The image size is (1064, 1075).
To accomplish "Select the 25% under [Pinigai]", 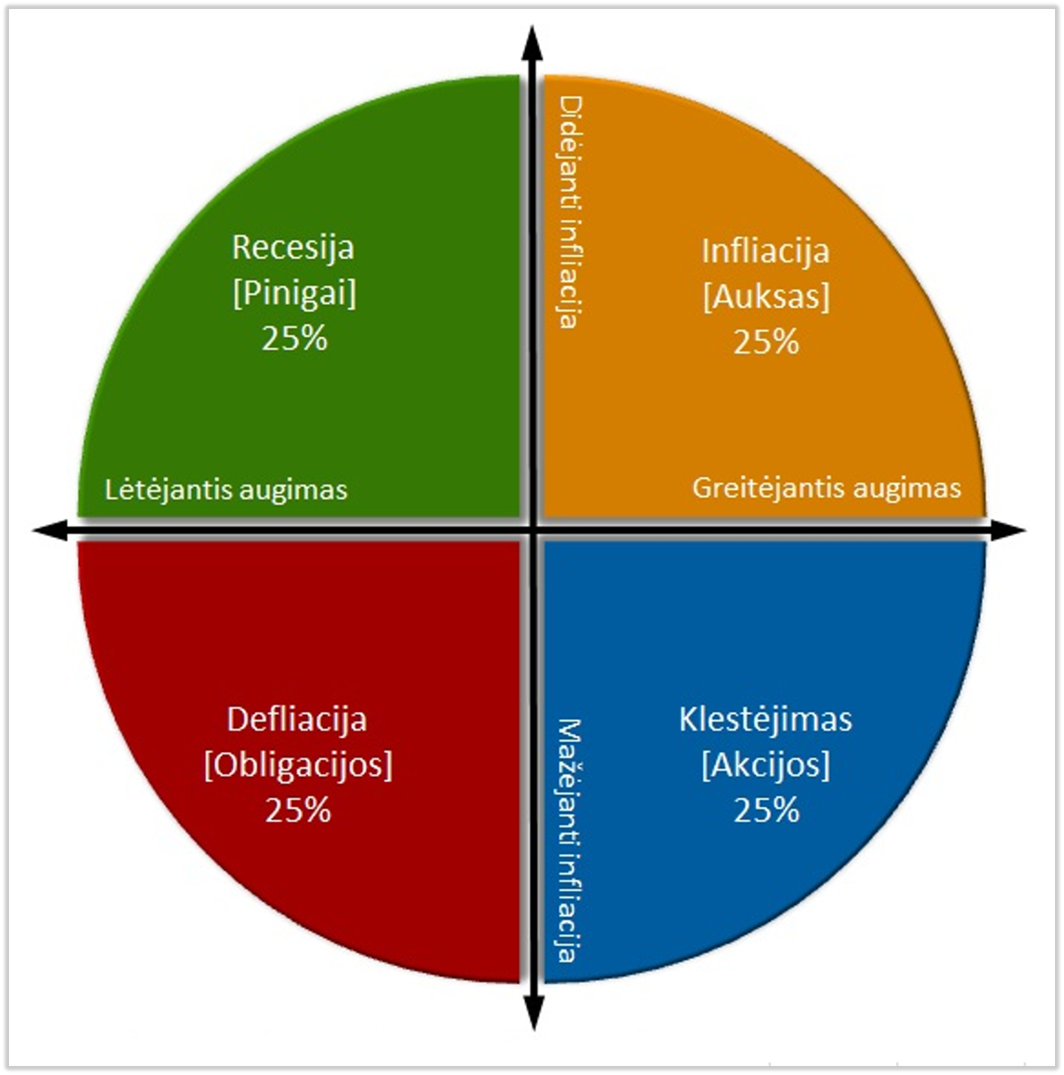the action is tap(295, 338).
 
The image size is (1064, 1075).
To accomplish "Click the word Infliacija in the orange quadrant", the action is tap(765, 251).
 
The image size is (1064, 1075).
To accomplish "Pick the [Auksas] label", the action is tap(766, 296).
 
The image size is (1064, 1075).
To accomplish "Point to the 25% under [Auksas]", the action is tap(766, 341).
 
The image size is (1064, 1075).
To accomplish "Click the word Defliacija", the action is tap(296, 720).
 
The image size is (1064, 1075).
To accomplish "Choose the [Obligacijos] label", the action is tap(298, 765).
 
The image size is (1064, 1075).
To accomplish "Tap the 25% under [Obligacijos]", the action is tap(298, 810).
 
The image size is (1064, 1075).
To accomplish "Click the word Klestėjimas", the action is tap(765, 720).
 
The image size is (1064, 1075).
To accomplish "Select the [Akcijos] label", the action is tap(765, 765).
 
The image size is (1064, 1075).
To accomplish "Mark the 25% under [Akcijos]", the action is tap(766, 810).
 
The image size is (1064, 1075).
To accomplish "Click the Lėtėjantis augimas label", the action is tap(226, 490).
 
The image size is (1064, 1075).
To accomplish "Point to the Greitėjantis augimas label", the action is tap(827, 488).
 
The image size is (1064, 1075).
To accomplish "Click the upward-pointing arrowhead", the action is tap(533, 43).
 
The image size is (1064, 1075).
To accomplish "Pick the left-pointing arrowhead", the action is tap(50, 530).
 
